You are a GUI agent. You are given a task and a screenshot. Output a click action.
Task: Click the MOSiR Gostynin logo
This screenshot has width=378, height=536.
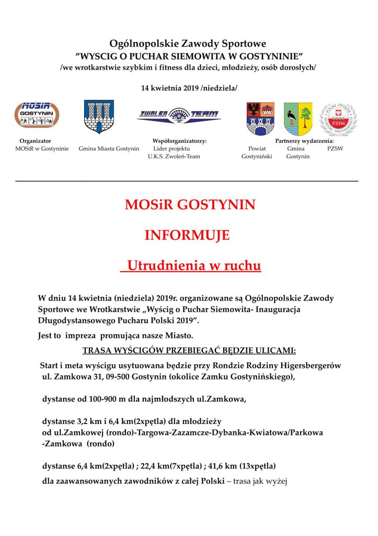click(x=36, y=115)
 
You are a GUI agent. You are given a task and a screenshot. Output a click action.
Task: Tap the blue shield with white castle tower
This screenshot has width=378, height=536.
click(x=99, y=117)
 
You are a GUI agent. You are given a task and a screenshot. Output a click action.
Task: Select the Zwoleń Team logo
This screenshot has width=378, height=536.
click(x=179, y=116)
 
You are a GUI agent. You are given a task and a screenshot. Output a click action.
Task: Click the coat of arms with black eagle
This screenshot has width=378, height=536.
click(x=260, y=118)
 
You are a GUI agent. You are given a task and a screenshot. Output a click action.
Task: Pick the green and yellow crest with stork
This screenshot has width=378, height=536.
click(x=298, y=119)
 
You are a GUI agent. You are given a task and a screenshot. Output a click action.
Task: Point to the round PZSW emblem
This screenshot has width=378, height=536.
click(x=338, y=119)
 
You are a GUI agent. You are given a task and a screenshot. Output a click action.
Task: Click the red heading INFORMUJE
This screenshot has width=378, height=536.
click(x=187, y=236)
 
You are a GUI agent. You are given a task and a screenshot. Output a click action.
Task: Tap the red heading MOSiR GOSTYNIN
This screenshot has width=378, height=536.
click(x=190, y=205)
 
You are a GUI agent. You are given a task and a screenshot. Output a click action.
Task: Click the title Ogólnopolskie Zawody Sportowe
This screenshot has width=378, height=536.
click(x=188, y=44)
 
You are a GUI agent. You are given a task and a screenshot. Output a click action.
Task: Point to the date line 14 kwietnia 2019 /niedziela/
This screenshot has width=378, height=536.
click(x=189, y=88)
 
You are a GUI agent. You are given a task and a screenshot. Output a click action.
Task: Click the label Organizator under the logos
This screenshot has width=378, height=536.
click(x=36, y=141)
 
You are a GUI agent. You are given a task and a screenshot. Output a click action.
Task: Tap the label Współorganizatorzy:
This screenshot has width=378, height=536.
click(x=179, y=141)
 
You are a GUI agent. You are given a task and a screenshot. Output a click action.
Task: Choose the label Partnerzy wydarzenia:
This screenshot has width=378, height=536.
click(x=304, y=141)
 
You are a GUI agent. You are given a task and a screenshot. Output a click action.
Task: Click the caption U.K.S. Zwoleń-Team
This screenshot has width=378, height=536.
click(x=174, y=157)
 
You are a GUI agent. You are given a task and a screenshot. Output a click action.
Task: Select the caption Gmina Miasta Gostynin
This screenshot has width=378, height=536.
click(x=109, y=149)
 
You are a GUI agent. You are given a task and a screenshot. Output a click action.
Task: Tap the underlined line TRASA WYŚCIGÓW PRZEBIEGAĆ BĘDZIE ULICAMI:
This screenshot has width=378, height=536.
click(x=189, y=350)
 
